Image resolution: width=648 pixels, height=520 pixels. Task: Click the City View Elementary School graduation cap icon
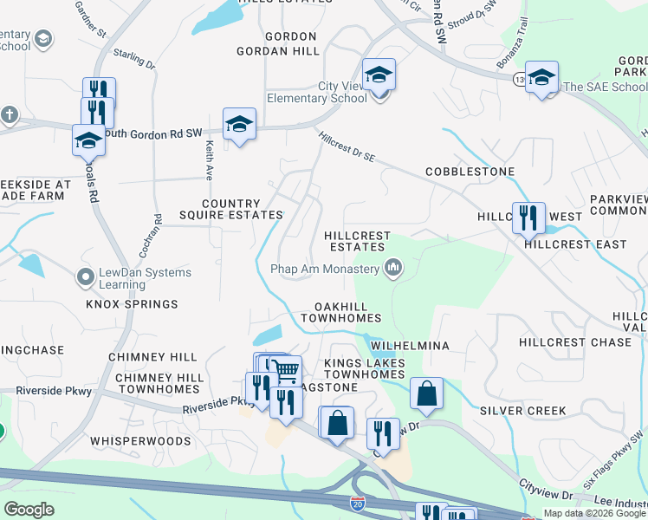pyautogui.click(x=379, y=75)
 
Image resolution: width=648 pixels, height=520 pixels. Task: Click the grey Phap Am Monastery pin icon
pyautogui.click(x=394, y=269)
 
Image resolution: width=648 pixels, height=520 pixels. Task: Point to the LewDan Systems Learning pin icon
pyautogui.click(x=85, y=277)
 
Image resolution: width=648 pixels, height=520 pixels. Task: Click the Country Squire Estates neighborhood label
pyautogui.click(x=230, y=209)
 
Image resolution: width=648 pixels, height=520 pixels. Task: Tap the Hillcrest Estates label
pyautogui.click(x=357, y=241)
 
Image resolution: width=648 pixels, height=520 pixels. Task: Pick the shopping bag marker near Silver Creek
pyautogui.click(x=427, y=393)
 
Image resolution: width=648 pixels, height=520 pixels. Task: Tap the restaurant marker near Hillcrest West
pyautogui.click(x=525, y=218)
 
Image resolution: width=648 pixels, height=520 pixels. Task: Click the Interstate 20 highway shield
pyautogui.click(x=358, y=503)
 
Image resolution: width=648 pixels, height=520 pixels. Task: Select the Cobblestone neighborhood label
pyautogui.click(x=470, y=172)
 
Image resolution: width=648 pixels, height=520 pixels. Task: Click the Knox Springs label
pyautogui.click(x=132, y=304)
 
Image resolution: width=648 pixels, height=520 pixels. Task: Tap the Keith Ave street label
pyautogui.click(x=209, y=161)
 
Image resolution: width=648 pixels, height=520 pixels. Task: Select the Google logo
pyautogui.click(x=29, y=509)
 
